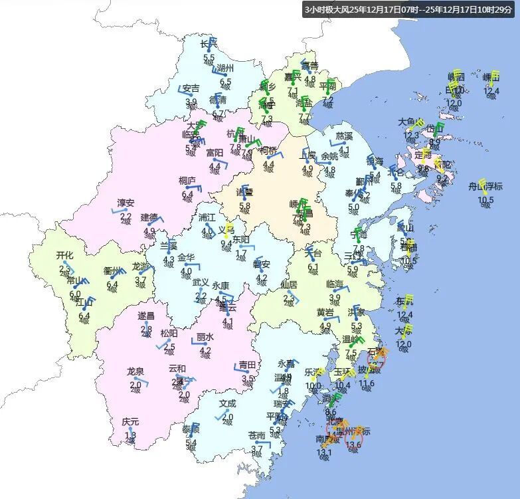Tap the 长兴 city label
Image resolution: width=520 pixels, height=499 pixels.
coord(209,44)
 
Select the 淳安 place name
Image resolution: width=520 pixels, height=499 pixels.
coord(126,203)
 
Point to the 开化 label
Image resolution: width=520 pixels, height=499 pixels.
coord(64,255)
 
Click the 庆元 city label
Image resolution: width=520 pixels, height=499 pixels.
coord(131,422)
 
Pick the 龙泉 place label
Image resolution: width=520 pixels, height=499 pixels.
coord(135,371)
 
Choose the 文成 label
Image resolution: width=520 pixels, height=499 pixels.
coord(227,403)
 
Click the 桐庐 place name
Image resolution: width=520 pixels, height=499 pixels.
coord(187,180)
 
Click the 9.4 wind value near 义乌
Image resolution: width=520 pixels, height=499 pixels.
coord(226,243)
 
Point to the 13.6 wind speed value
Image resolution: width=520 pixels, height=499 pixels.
coord(353,445)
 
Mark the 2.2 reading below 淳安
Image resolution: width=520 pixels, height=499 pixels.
coord(126,216)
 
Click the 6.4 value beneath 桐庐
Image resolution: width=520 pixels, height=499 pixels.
coord(187,193)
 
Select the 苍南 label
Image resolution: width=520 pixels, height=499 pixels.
coord(256,436)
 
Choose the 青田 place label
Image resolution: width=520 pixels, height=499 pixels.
coord(248,364)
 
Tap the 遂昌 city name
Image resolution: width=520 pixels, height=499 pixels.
coord(146,316)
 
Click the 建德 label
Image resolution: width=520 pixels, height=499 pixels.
coord(149,217)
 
